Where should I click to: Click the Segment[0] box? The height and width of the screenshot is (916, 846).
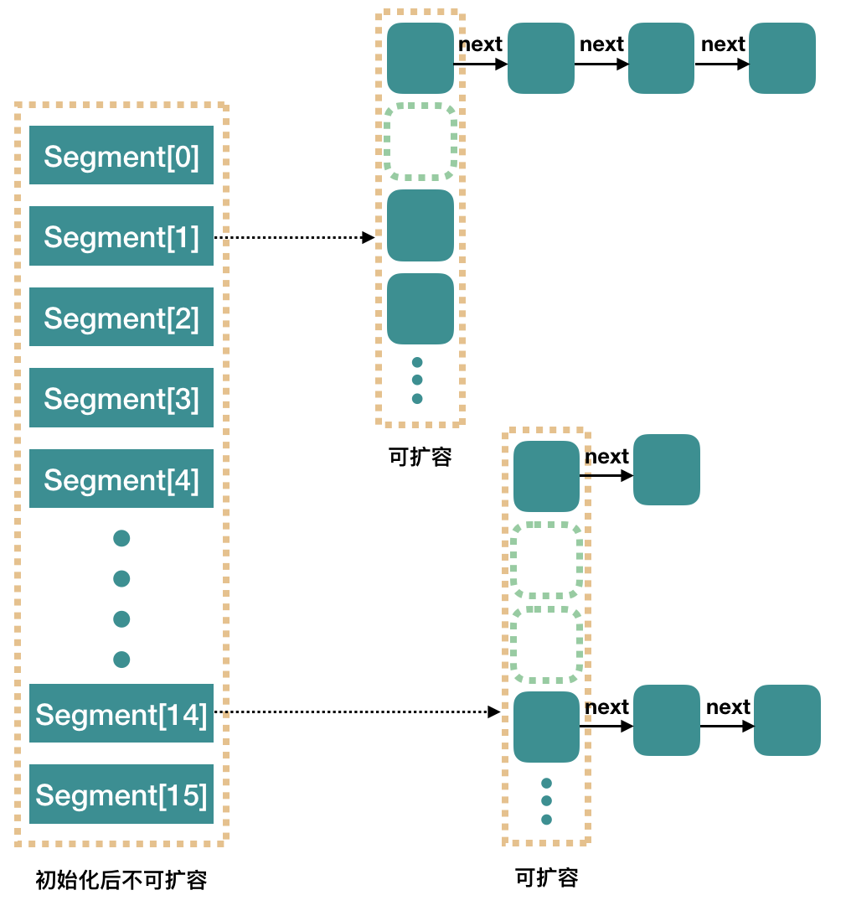(x=121, y=155)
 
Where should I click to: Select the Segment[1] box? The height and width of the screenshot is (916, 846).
(x=121, y=236)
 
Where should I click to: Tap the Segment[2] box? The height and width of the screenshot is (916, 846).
(x=121, y=317)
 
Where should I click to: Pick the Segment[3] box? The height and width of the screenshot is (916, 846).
(x=121, y=398)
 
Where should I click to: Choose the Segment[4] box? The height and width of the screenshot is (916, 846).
(x=121, y=479)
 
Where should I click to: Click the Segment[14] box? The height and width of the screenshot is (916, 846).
(x=121, y=713)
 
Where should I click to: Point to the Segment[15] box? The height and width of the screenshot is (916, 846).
(x=121, y=794)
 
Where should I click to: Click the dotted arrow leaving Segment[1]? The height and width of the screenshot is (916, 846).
(x=293, y=237)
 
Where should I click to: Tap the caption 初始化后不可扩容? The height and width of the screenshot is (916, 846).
(x=121, y=880)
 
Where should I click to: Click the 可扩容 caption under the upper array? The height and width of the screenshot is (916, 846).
(x=420, y=457)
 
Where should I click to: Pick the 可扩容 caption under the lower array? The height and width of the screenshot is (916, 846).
(x=547, y=877)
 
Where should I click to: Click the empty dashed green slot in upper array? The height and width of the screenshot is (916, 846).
(x=420, y=142)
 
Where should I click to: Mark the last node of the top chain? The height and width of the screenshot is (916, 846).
(x=782, y=58)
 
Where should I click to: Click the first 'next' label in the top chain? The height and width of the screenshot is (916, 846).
(x=481, y=44)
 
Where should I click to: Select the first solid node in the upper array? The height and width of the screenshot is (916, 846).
(x=420, y=58)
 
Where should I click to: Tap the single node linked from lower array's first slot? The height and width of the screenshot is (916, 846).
(x=667, y=469)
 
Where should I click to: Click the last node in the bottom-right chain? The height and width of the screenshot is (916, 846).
(x=787, y=720)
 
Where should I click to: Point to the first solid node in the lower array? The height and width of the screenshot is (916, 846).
(x=547, y=476)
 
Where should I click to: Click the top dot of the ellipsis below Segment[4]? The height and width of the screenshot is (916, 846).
(x=121, y=538)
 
